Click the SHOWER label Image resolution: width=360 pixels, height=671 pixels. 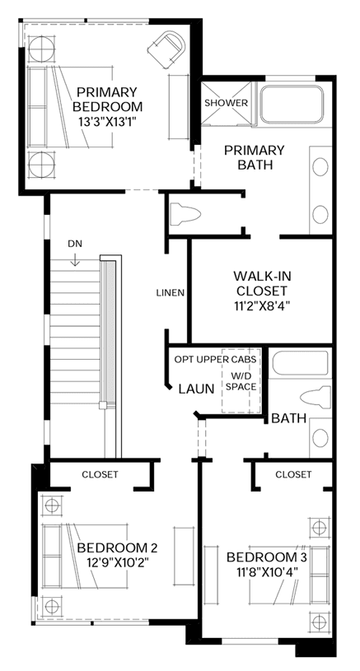pos(226,103)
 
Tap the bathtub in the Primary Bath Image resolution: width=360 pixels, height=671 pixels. pos(292,105)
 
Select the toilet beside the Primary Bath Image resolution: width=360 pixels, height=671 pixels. pos(185,213)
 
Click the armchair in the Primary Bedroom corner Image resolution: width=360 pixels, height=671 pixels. pos(166,49)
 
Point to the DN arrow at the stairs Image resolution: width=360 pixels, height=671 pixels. pos(75,260)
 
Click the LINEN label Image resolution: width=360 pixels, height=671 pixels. pos(171,293)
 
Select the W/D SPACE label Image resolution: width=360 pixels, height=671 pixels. pos(241,382)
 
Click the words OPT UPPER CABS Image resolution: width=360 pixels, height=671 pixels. pos(215,360)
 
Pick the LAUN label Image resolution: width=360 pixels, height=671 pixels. pos(197,389)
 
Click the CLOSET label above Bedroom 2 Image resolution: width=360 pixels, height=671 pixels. pos(101,474)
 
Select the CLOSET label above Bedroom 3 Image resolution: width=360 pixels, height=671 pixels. pos(293,474)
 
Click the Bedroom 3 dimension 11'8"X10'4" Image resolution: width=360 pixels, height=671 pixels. pos(267,571)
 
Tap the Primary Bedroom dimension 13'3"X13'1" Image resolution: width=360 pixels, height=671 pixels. pos(107,122)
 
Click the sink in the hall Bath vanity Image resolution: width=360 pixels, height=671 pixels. pos(320,438)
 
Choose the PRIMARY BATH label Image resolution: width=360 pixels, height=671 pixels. pos(255,157)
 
